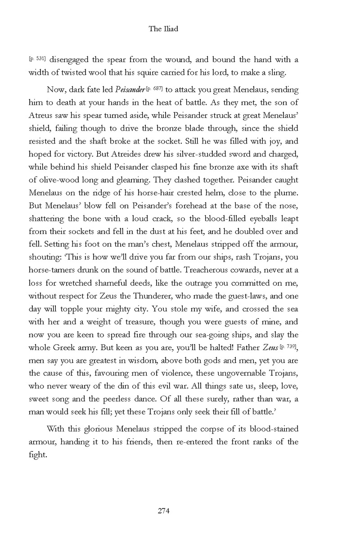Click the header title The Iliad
(163, 29)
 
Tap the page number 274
(163, 510)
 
